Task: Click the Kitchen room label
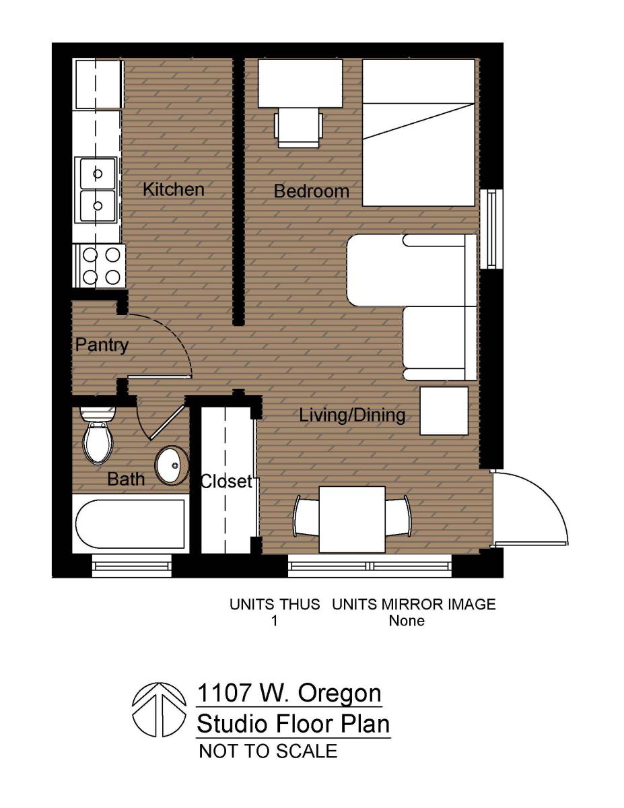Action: pyautogui.click(x=173, y=189)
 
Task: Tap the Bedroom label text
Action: pyautogui.click(x=312, y=191)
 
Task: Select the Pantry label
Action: pyautogui.click(x=101, y=345)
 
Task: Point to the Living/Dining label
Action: pyautogui.click(x=352, y=415)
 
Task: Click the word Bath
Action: pyautogui.click(x=126, y=479)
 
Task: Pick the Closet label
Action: pyautogui.click(x=226, y=481)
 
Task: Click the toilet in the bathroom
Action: pyautogui.click(x=98, y=438)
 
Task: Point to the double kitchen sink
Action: pyautogui.click(x=98, y=189)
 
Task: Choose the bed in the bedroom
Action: pyautogui.click(x=419, y=133)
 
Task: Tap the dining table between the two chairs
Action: pyautogui.click(x=351, y=518)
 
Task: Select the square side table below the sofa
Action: pyautogui.click(x=444, y=411)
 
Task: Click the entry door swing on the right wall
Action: pyautogui.click(x=528, y=508)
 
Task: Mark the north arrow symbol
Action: pyautogui.click(x=159, y=710)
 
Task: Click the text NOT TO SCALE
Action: pyautogui.click(x=268, y=751)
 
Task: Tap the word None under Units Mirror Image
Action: pyautogui.click(x=407, y=620)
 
